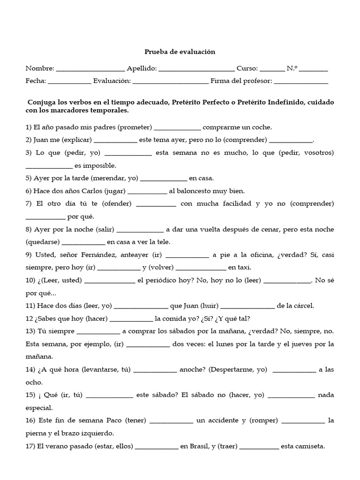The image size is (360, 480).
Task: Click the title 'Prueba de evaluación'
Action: coord(179,52)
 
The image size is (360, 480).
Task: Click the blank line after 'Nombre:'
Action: coord(90,69)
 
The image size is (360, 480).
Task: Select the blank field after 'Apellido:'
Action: coord(196,69)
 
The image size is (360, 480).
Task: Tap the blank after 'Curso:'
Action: coord(272,69)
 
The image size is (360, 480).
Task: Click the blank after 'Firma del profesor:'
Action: coord(301,82)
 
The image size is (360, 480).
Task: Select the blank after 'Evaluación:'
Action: coord(171,82)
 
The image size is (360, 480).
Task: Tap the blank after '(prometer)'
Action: coord(177,127)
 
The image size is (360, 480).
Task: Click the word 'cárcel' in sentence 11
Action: coord(303,306)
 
